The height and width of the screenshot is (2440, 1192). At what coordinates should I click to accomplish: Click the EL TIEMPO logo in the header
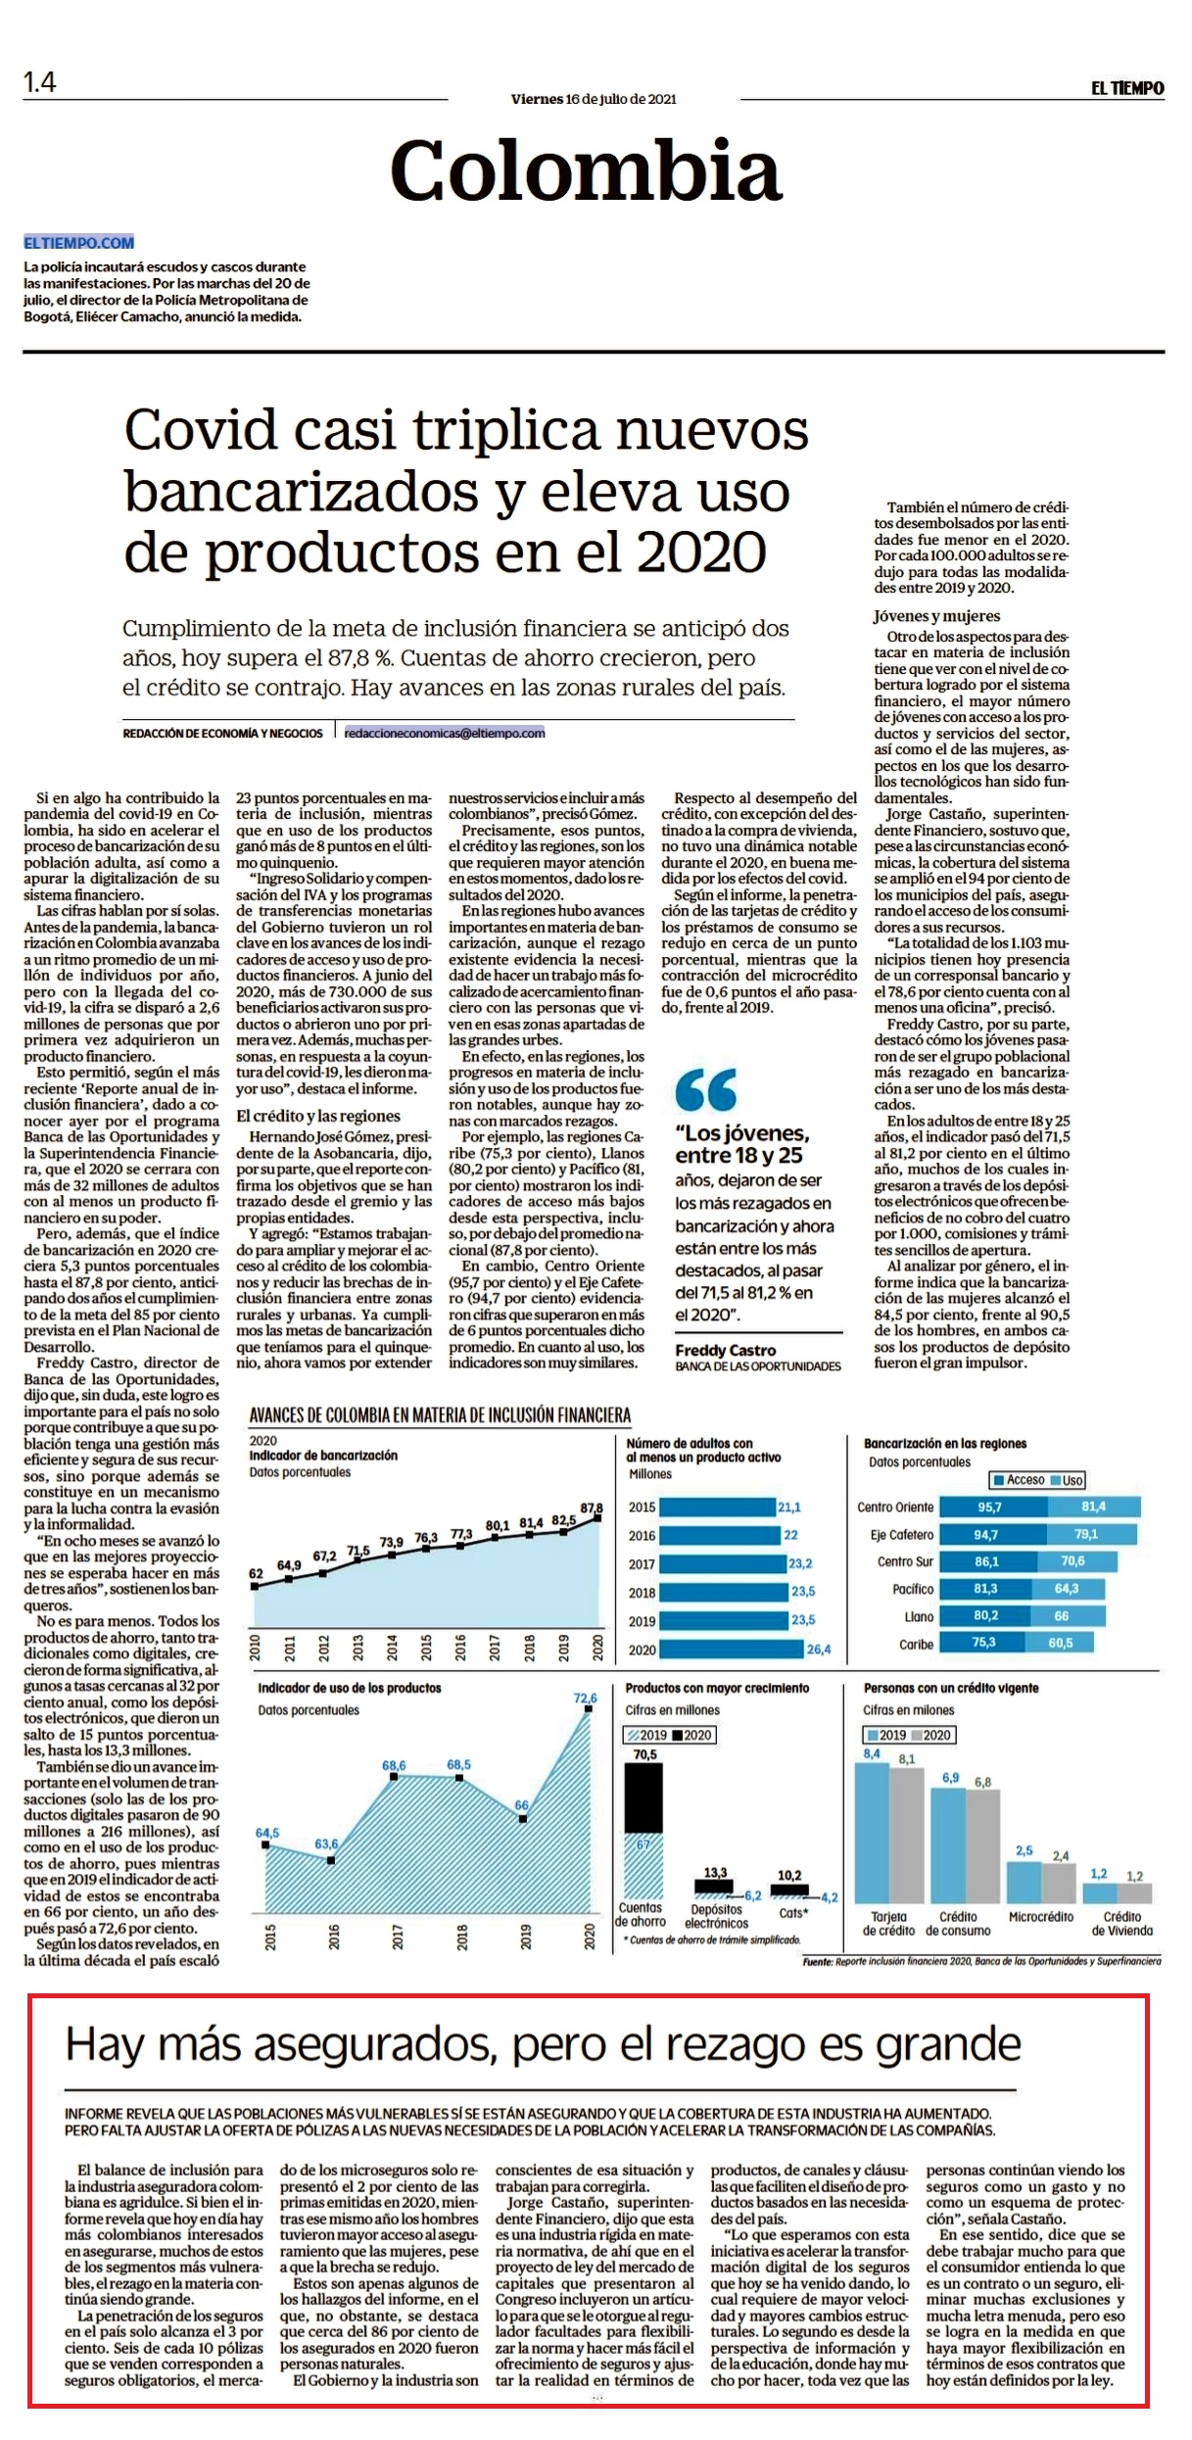click(x=1127, y=88)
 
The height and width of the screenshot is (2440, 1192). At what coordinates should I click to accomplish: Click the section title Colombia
click(x=586, y=169)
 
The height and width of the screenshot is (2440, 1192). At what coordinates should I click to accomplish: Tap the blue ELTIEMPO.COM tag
click(x=79, y=243)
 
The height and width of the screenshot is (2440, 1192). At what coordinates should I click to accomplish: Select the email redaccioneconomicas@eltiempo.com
click(x=445, y=733)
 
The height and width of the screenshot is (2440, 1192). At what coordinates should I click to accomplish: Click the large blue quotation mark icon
click(x=705, y=1088)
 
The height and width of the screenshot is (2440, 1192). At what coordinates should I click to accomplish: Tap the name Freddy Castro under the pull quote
click(x=725, y=1350)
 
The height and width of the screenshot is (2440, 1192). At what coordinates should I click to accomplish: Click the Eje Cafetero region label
click(x=902, y=1535)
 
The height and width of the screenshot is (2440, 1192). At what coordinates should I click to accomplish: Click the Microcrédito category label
click(x=1040, y=1916)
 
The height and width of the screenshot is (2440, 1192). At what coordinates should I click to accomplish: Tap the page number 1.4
click(x=40, y=82)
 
